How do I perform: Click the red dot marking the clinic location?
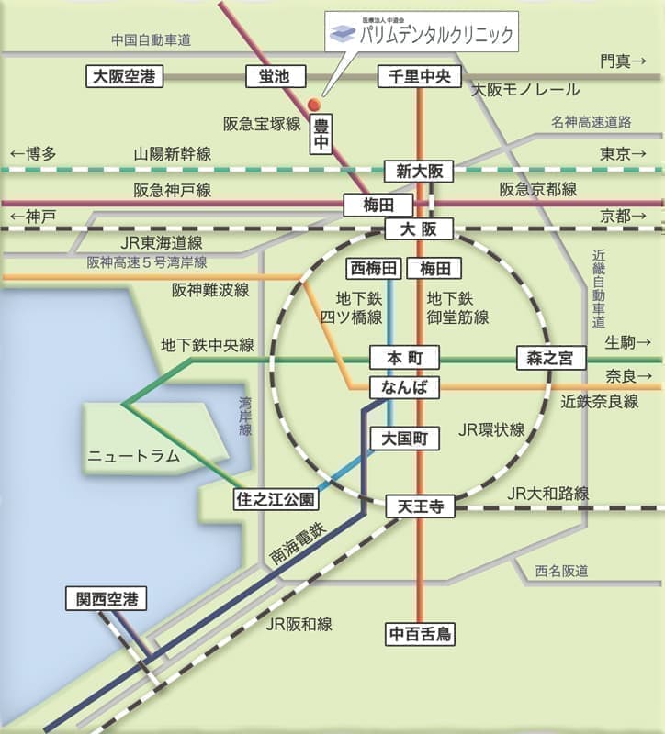coord(314,103)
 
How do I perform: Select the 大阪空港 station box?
coord(126,77)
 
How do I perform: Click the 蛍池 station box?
coord(267,77)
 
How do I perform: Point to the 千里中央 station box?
coord(419,77)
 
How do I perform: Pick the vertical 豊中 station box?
coord(321,134)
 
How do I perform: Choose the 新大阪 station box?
coord(419,172)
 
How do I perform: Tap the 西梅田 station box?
coord(374,268)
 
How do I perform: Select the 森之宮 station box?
coord(550,358)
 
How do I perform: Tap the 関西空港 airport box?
coord(107,600)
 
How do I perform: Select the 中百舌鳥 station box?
coord(421,633)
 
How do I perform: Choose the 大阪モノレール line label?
coord(525,90)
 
